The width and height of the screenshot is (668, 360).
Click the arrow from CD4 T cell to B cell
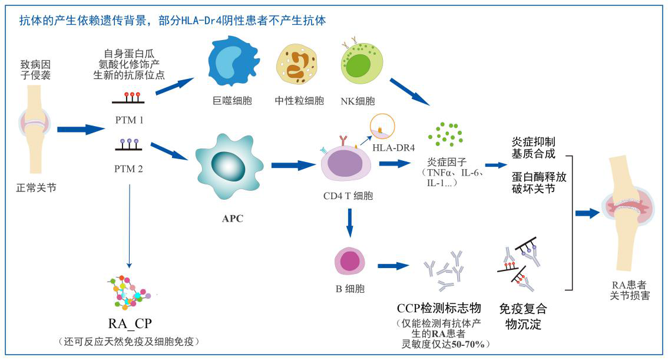point(349,224)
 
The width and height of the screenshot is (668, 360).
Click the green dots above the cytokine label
point(445,134)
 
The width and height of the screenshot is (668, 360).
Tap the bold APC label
point(233,219)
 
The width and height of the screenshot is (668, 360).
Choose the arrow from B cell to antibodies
point(393,266)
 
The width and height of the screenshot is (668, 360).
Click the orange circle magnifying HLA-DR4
point(382,127)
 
